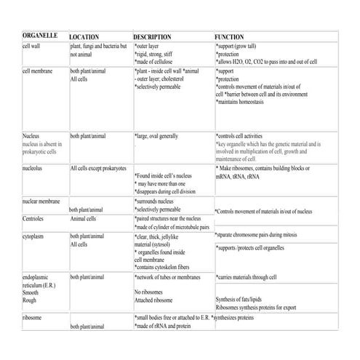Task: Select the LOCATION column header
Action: point(88,36)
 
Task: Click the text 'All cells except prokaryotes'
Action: point(99,168)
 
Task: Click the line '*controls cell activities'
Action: point(246,136)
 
